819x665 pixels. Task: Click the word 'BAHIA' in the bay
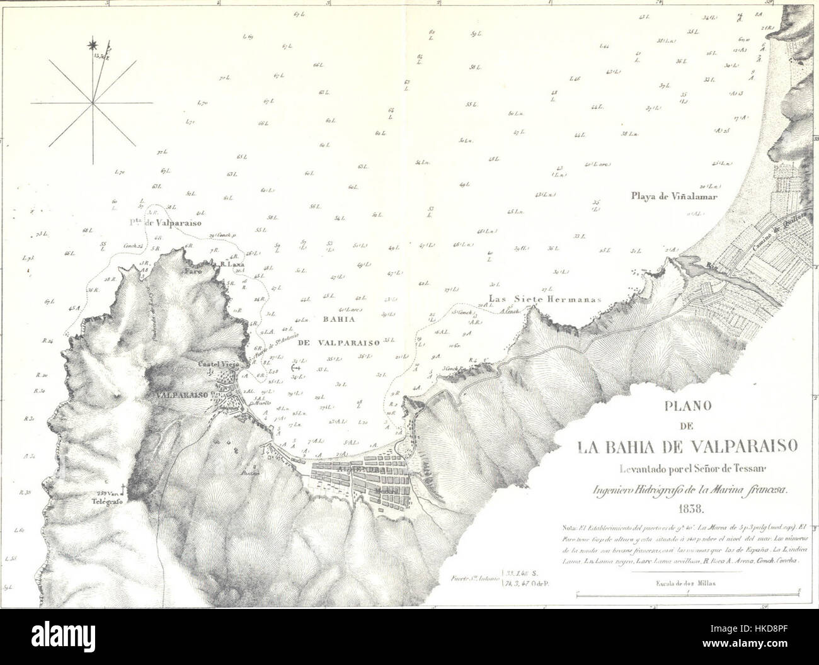331,319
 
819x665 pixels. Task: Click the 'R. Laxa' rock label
232,265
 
